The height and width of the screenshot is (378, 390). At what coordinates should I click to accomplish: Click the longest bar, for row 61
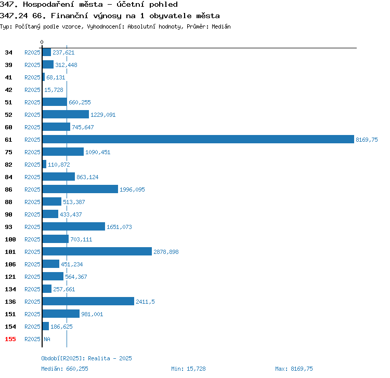coord(198,139)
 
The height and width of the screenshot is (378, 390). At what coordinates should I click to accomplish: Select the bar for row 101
coord(97,251)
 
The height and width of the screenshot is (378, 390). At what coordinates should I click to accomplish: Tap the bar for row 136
coord(88,301)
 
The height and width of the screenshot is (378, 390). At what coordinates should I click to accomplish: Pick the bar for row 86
coord(80,189)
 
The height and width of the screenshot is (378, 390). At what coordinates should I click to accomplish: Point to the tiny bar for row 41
coord(44,77)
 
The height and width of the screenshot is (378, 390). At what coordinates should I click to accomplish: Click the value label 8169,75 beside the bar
coord(367,140)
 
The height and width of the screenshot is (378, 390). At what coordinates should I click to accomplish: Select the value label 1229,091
coord(103,115)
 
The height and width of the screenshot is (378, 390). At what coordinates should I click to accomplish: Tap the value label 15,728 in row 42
coord(54,90)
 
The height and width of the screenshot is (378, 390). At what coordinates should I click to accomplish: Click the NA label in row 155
coord(47,339)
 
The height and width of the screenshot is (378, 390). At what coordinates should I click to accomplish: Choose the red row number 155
coord(10,339)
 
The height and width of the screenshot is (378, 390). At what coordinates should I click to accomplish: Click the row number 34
coord(8,52)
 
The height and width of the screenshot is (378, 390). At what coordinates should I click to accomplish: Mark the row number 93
coord(8,227)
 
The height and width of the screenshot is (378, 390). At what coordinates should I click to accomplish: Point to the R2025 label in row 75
coord(32,152)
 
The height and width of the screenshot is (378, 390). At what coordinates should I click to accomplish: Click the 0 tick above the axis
coord(42,42)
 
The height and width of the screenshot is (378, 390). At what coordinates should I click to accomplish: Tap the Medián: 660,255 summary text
coord(64,369)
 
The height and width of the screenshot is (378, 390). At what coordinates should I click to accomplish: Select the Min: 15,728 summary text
coord(188,369)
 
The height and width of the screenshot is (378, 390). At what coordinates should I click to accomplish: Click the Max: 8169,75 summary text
coord(294,369)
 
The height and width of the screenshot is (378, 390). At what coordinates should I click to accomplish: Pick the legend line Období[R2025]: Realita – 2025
coord(86,358)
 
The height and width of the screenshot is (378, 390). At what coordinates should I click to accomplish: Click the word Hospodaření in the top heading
coord(49,5)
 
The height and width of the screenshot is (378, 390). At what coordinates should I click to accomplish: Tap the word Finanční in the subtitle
coord(69,16)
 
